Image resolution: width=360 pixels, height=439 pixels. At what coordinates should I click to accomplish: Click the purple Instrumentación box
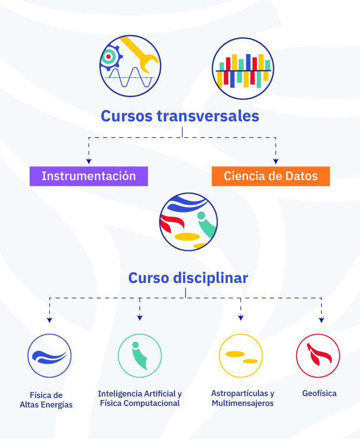point(89,176)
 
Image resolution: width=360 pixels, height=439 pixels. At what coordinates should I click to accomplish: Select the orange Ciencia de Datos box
point(271,176)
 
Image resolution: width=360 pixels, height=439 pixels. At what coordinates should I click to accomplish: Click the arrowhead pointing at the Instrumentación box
point(89,161)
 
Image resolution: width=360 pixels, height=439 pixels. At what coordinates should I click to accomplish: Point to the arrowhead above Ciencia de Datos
point(276,161)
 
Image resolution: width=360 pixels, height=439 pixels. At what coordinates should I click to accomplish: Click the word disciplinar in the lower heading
point(210,278)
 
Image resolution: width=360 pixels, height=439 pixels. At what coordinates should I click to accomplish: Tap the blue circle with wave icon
point(50,356)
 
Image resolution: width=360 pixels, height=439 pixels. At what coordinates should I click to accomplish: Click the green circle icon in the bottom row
point(140,356)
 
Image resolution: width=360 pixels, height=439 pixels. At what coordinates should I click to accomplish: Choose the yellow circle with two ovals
point(240,356)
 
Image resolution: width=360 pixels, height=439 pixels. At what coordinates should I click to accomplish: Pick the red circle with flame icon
point(318,356)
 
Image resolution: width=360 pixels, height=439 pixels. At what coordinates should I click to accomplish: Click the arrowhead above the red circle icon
point(321,320)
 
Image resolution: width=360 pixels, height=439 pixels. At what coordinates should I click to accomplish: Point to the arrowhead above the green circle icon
point(140,318)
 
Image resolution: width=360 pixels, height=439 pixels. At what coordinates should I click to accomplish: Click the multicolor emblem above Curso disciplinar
point(187,224)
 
